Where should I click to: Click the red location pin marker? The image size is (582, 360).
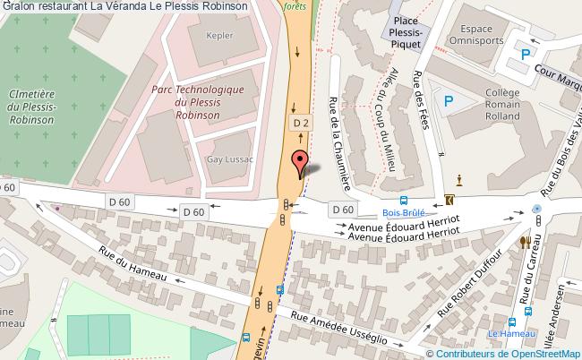tap(299, 163)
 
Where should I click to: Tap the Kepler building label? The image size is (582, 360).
tap(219, 37)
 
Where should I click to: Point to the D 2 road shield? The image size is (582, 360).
tap(300, 122)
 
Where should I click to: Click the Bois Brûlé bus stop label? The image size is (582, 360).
tap(403, 213)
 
